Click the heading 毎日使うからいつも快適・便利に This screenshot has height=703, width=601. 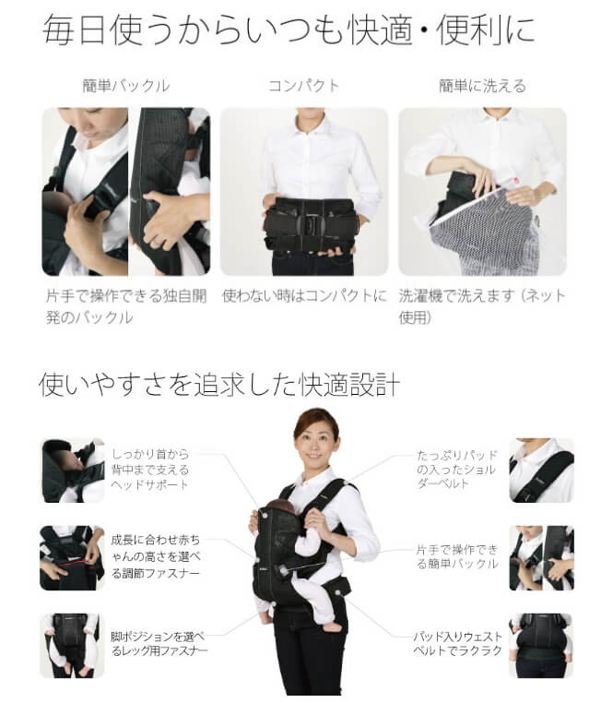click(289, 30)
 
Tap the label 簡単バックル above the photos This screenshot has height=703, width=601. click(126, 86)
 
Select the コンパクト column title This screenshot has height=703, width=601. click(304, 86)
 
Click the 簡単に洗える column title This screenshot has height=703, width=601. click(482, 86)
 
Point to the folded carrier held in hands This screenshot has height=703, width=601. click(309, 227)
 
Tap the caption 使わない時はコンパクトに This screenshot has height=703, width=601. click(304, 296)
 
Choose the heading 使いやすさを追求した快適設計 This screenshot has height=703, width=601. click(219, 385)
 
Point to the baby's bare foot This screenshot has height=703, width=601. click(333, 627)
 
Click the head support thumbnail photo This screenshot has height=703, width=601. click(73, 471)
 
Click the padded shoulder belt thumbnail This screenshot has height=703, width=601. click(541, 471)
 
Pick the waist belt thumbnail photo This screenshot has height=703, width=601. click(541, 646)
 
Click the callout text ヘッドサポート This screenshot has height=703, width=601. click(150, 485)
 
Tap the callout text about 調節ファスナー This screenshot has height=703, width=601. click(156, 556)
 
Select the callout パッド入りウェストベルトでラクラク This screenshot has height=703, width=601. click(457, 643)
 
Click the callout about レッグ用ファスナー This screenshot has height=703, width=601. click(159, 643)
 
